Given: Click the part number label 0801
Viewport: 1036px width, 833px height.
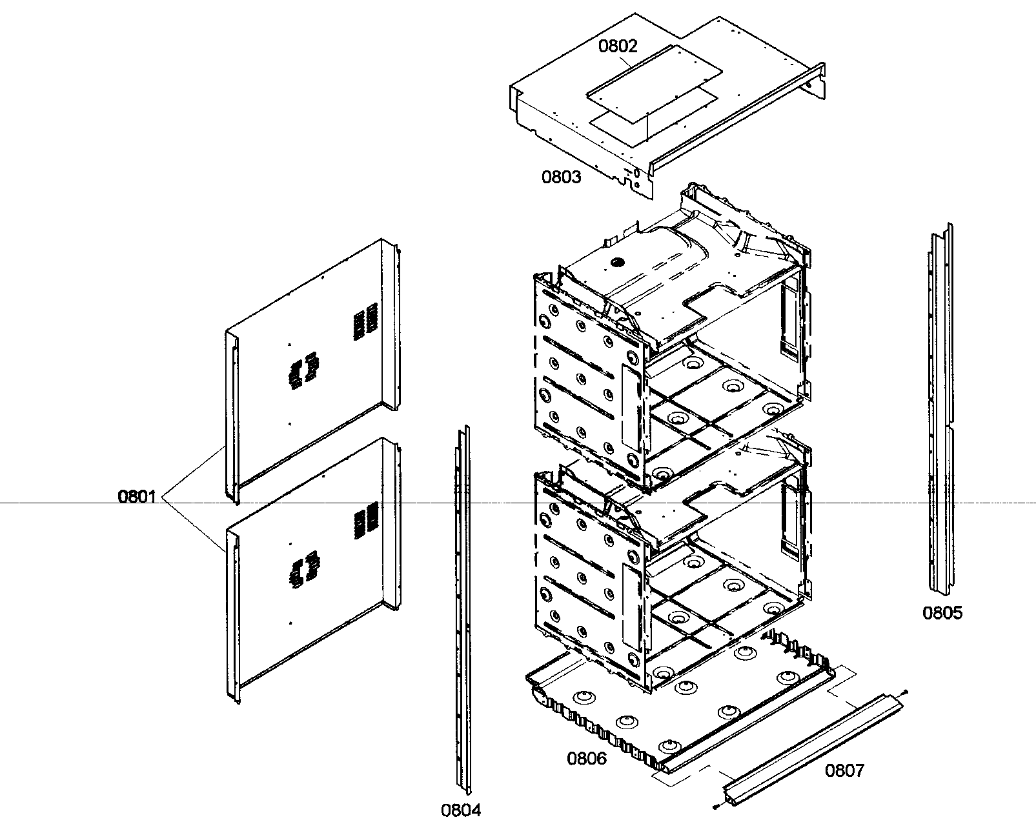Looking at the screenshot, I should (136, 497).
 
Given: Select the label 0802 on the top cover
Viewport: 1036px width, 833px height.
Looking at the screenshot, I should (618, 46).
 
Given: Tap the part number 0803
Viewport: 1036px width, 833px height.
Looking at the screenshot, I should (561, 177).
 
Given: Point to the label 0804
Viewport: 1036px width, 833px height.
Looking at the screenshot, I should (461, 810).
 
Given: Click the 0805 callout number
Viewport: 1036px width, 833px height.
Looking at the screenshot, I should (942, 612).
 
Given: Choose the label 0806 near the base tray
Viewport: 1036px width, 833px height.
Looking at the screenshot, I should (587, 758).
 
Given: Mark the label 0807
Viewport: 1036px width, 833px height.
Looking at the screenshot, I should (844, 770).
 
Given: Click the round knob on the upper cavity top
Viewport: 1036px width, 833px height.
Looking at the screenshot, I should (618, 263).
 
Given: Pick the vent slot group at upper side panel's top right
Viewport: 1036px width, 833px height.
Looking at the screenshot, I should (365, 319).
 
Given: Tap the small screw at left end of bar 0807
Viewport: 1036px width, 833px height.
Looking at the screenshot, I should (716, 807).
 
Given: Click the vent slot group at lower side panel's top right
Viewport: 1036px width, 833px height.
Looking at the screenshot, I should (365, 519).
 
